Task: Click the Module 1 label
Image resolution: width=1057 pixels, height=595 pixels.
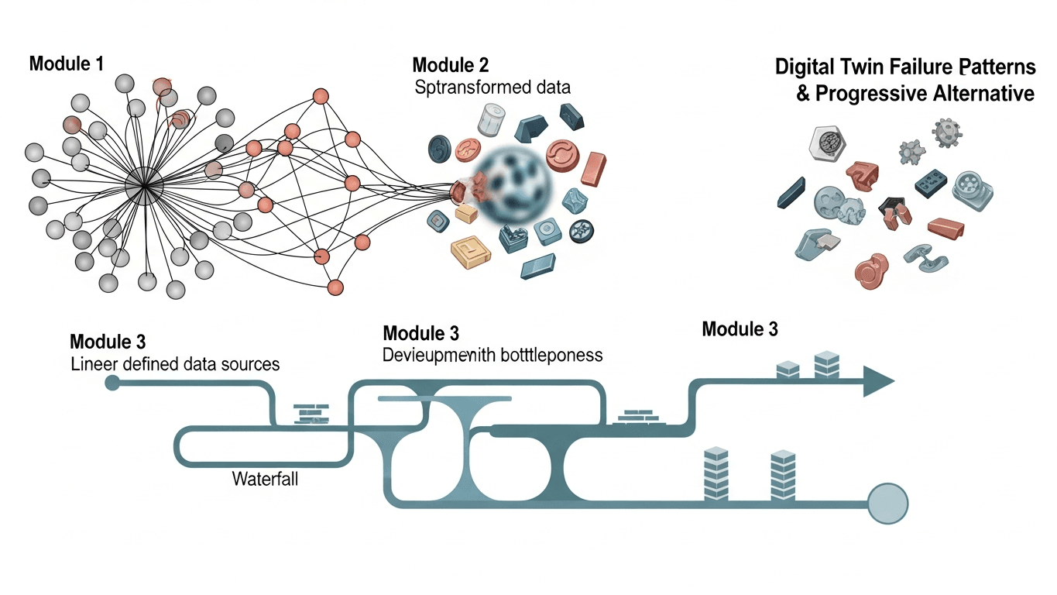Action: [66, 64]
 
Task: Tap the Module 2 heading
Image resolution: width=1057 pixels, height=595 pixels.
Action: [451, 65]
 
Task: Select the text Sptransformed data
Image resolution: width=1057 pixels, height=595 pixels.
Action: [492, 87]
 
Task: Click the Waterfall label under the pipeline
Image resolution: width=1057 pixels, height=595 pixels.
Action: [265, 479]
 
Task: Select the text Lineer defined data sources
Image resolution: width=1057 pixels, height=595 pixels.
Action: [175, 363]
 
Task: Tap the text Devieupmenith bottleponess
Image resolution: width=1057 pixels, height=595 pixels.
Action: [492, 356]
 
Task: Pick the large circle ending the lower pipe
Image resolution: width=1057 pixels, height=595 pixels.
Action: [887, 504]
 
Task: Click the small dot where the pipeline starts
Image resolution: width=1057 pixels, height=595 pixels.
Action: [112, 382]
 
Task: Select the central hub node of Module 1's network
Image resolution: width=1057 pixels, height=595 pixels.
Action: [144, 187]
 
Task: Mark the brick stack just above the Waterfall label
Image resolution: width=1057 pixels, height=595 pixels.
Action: [311, 414]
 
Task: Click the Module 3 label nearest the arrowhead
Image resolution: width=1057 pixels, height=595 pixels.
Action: [740, 328]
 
